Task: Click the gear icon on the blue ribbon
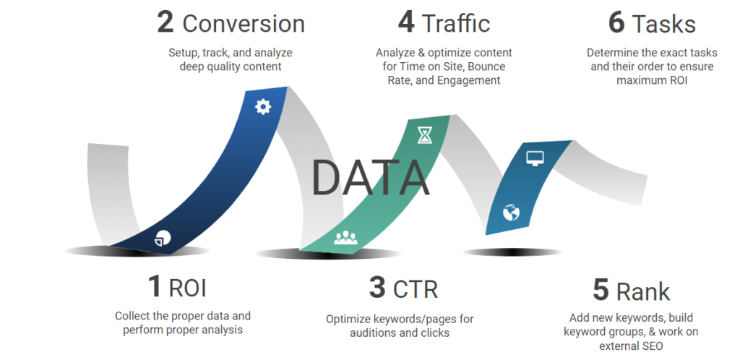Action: (263, 107)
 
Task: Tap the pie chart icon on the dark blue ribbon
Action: (163, 239)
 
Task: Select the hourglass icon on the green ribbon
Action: (425, 135)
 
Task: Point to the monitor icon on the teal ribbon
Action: (535, 158)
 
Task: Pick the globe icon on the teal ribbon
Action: (511, 213)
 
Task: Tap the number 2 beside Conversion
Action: (165, 23)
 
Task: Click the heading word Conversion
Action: (244, 24)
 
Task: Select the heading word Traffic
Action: (456, 24)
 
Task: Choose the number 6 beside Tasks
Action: (616, 23)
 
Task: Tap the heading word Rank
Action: (642, 291)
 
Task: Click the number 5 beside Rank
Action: (601, 291)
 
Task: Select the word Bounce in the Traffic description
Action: (486, 67)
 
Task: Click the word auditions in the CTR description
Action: (372, 333)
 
